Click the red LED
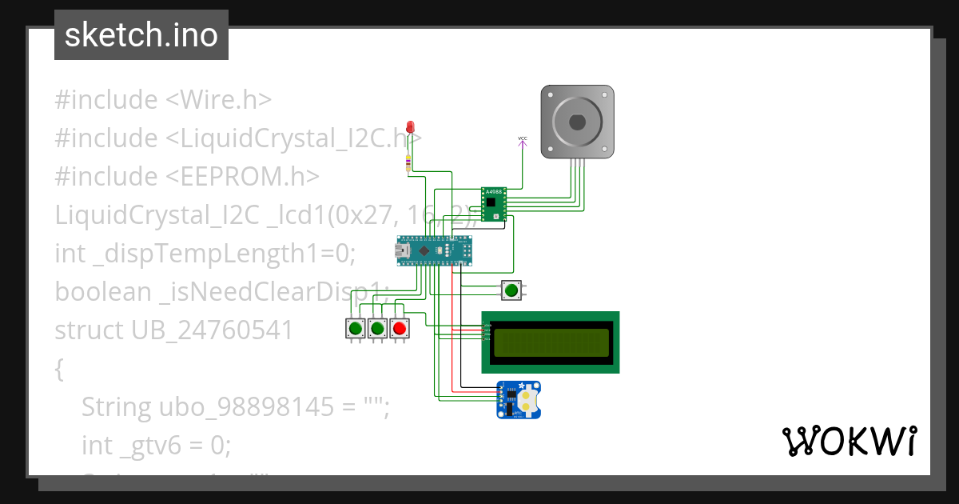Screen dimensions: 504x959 pos(411,127)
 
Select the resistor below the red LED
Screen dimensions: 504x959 pos(410,162)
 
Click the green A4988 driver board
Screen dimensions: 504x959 pos(494,204)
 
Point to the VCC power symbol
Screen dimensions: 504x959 pos(523,140)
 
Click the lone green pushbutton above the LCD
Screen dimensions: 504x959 pos(511,290)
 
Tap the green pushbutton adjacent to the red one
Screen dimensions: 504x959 pos(377,328)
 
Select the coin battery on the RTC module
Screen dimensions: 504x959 pos(527,398)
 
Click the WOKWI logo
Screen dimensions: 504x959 pos(849,441)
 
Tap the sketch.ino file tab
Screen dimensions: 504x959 pos(141,35)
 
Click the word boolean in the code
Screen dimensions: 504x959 pos(103,292)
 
